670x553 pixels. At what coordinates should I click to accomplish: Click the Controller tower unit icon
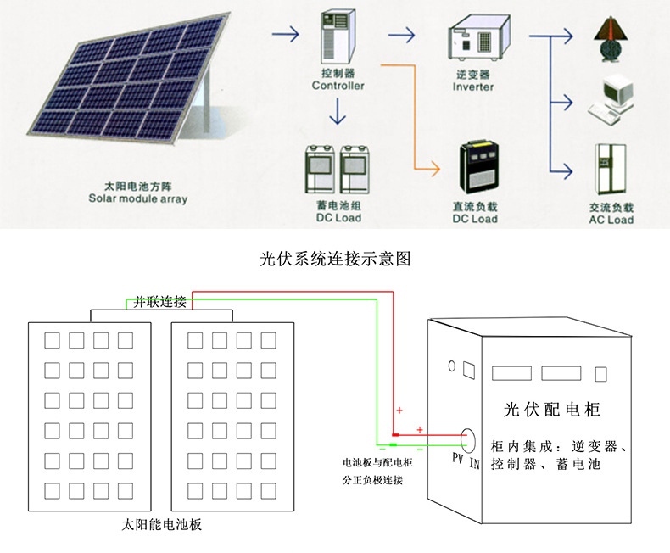338,37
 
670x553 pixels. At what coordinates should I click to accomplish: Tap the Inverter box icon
478,37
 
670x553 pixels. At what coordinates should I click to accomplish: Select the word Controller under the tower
338,86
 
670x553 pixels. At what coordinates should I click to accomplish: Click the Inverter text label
473,87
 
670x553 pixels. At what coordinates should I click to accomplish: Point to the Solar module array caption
138,198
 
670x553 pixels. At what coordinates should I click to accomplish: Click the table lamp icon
611,40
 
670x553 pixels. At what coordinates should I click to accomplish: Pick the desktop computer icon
611,100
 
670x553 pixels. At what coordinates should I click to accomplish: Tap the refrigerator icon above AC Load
611,170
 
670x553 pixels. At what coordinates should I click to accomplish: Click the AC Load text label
611,220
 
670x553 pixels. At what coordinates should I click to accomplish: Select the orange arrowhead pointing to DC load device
435,169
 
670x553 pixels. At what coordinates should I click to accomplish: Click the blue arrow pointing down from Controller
338,111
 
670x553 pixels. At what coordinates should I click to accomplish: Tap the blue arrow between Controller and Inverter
402,35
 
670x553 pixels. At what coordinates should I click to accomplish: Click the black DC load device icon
479,167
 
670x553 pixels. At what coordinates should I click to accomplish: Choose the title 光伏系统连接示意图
335,259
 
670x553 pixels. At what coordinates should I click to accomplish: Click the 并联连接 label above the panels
159,302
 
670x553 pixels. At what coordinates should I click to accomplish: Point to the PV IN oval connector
468,440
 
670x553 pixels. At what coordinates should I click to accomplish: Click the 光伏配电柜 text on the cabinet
551,410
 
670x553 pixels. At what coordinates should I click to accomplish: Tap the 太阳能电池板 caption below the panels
161,524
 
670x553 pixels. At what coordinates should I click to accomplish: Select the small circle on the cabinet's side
452,366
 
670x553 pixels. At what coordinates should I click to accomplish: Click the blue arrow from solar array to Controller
286,34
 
